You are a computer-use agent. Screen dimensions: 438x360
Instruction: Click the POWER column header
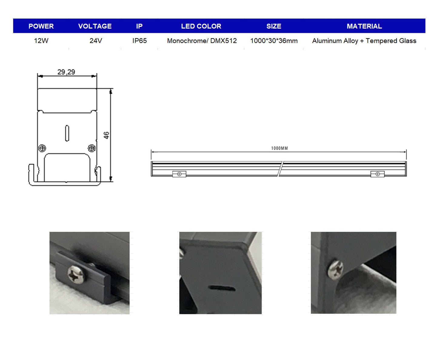pyautogui.click(x=41, y=26)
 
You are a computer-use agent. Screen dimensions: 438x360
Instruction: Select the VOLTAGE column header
pyautogui.click(x=95, y=26)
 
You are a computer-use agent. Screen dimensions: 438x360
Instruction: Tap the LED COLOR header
pyautogui.click(x=201, y=26)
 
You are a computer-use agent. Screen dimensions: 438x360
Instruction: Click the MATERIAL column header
pyautogui.click(x=364, y=26)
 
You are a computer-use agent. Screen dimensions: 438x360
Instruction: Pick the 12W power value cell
pyautogui.click(x=41, y=41)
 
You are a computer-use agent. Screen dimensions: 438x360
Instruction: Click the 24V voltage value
pyautogui.click(x=96, y=41)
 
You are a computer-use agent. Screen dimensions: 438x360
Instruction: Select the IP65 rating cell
pyautogui.click(x=139, y=41)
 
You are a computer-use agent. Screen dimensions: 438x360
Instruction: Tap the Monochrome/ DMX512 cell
pyautogui.click(x=202, y=41)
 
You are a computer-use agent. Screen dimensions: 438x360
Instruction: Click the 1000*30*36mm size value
pyautogui.click(x=274, y=41)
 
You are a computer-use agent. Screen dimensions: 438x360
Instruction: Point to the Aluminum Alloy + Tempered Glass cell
pyautogui.click(x=364, y=41)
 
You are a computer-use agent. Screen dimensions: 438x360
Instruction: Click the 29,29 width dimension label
pyautogui.click(x=66, y=72)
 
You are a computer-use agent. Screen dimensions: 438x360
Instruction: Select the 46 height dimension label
pyautogui.click(x=106, y=135)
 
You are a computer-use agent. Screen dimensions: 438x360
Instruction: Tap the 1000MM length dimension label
pyautogui.click(x=279, y=148)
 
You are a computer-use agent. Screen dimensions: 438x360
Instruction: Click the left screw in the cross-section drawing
pyautogui.click(x=42, y=148)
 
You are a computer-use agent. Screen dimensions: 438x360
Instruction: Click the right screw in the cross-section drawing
pyautogui.click(x=92, y=148)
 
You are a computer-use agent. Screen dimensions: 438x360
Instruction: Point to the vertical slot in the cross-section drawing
pyautogui.click(x=67, y=133)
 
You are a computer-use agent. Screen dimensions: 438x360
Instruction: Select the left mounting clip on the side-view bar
pyautogui.click(x=179, y=174)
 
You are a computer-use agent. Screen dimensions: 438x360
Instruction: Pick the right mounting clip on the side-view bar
pyautogui.click(x=377, y=174)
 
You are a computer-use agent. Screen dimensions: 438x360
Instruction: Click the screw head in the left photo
pyautogui.click(x=76, y=274)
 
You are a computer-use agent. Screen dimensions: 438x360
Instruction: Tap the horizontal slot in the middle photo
pyautogui.click(x=222, y=288)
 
